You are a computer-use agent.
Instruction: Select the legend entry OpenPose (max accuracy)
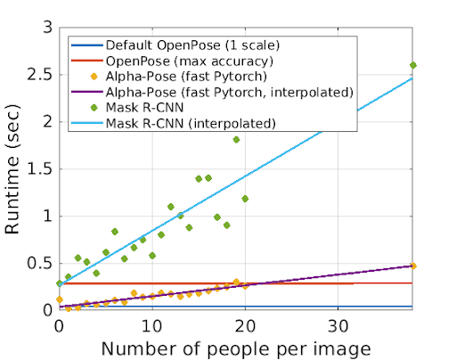tap(164, 60)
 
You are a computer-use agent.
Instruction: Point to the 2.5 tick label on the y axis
tap(37, 75)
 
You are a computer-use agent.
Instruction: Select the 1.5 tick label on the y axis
tap(37, 169)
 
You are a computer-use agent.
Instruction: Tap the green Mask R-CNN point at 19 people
tap(236, 139)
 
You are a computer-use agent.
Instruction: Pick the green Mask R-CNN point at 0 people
tap(59, 283)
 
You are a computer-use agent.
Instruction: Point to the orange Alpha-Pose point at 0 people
tap(59, 299)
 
